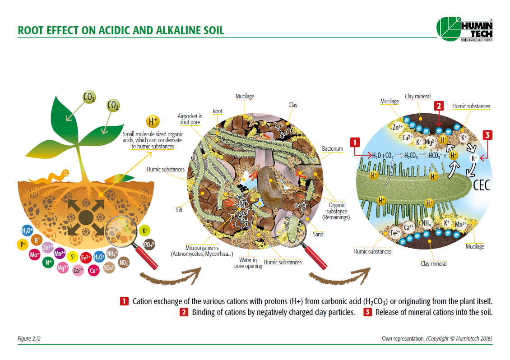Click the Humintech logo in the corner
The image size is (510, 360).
coord(464,29)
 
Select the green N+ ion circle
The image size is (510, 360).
coord(48,262)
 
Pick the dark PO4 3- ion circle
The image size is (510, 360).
coord(149,245)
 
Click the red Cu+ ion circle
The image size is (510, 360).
coord(94,270)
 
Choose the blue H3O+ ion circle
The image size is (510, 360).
coord(27,231)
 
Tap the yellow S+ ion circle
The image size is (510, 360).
coord(73,257)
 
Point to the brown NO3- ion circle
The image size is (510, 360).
coord(123,263)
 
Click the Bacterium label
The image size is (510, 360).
coord(333,148)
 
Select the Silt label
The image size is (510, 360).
coord(179,210)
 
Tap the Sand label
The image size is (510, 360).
coord(318,234)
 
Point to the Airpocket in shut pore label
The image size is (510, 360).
coord(190,119)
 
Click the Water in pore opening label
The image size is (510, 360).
coord(248,263)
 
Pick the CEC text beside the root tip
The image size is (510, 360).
coord(481,185)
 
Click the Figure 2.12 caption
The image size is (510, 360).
coord(29,338)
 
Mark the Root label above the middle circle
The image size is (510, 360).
coord(217,111)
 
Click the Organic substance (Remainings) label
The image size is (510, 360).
coord(336,211)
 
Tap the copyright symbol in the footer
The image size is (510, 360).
coord(452,338)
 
